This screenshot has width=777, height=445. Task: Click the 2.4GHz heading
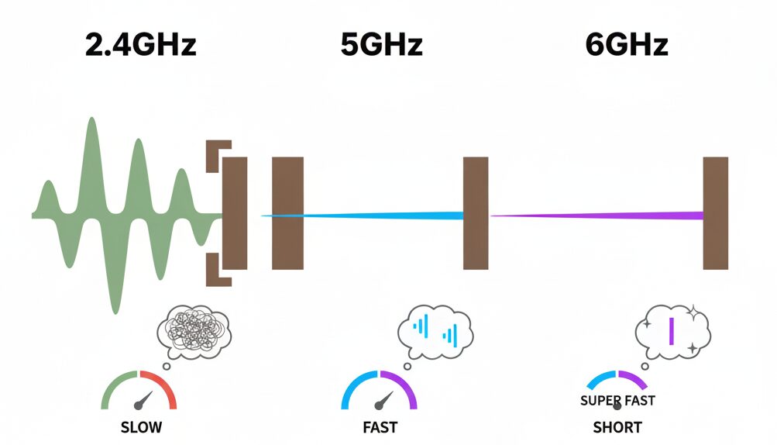pyautogui.click(x=140, y=45)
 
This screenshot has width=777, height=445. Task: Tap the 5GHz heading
pyautogui.click(x=381, y=45)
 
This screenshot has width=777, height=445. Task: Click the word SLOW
pyautogui.click(x=141, y=427)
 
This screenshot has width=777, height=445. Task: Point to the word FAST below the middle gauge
pyautogui.click(x=380, y=427)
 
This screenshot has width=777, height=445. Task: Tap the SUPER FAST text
pyautogui.click(x=617, y=401)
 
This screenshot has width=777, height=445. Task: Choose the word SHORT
pyautogui.click(x=617, y=427)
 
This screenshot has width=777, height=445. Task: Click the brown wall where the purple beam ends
pyautogui.click(x=715, y=213)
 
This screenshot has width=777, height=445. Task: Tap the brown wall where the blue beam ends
pyautogui.click(x=476, y=213)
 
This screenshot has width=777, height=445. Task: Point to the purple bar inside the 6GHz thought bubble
pyautogui.click(x=671, y=331)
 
